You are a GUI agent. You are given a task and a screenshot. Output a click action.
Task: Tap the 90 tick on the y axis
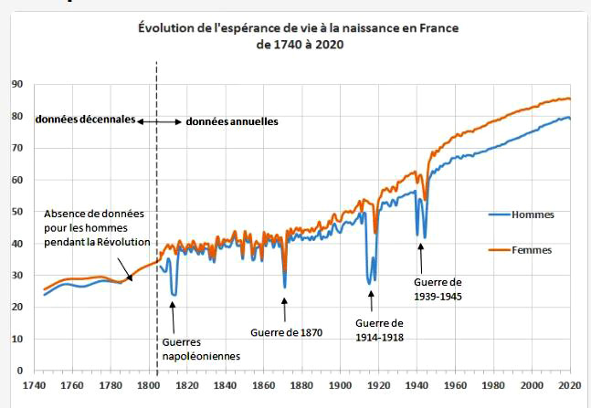[16, 84]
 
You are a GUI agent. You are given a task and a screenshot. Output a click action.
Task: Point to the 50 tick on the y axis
[16, 212]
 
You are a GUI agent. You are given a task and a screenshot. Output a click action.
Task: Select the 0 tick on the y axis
[19, 371]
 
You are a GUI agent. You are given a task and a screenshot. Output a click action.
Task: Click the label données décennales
[85, 120]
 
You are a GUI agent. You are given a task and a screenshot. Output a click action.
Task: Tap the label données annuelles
[231, 120]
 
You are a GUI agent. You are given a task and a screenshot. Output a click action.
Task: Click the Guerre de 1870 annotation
[286, 332]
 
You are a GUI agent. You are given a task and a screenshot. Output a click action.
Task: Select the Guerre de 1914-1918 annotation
[379, 330]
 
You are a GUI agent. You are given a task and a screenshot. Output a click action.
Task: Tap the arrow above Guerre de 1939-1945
[422, 257]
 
